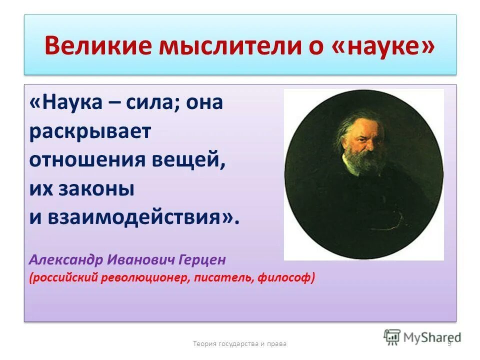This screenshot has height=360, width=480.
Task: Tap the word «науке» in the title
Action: pos(381,46)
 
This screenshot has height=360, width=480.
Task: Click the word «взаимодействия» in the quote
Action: pos(140,217)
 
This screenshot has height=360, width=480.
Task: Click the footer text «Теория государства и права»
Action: pos(239,343)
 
